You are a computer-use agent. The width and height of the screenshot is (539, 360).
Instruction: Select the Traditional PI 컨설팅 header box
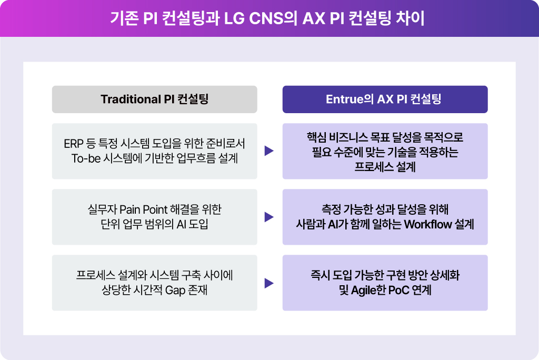(154, 99)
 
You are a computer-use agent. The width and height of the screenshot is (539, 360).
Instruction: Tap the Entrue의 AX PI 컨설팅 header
(385, 99)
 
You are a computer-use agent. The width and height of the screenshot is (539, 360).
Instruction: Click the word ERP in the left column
(74, 144)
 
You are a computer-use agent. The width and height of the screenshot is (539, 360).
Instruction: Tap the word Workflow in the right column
(426, 224)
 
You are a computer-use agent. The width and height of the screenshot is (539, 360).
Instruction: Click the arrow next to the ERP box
(269, 151)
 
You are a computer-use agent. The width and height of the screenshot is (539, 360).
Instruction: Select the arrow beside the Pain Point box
(269, 217)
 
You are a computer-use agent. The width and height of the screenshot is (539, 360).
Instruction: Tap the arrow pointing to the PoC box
(269, 283)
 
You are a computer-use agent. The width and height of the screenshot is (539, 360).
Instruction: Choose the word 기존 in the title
(124, 18)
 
